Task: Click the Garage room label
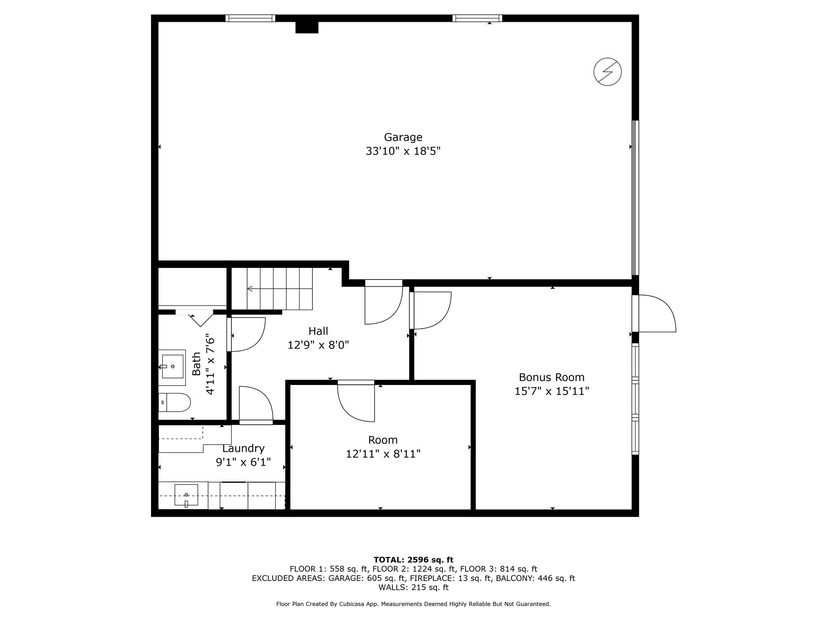pos(403,137)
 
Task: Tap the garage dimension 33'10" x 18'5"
pos(403,151)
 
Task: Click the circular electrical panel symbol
pos(607,72)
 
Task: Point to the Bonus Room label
pos(552,377)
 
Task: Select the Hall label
pos(318,331)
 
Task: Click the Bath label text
pos(196,364)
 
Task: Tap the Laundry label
pos(243,449)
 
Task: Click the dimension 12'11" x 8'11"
pos(383,454)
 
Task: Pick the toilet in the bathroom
pos(174,402)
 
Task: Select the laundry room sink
pos(186,495)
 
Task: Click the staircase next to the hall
pos(279,289)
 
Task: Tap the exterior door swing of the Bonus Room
pos(657,313)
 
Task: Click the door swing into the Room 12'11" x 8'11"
pos(356,403)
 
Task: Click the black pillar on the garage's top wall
pos(307,27)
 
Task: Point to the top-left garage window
pos(250,18)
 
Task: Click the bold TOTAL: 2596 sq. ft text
pos(413,560)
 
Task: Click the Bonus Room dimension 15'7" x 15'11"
pos(552,391)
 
